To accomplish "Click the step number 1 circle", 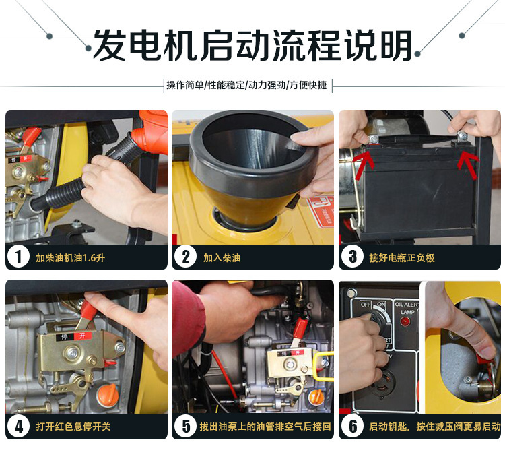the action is pos(18,257).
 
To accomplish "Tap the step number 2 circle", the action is pos(185,257).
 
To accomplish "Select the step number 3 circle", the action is pos(352,257).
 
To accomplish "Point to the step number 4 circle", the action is pos(18,426).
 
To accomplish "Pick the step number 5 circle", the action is pos(185,426).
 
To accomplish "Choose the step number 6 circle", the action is pos(352,426).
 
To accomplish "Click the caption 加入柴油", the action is pos(222,257).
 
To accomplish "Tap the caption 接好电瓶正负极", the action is pos(401,257).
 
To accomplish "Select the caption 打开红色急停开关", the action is pos(73,426).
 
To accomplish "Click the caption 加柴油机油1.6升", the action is pos(70,257).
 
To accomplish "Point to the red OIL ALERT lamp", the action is pos(405,321).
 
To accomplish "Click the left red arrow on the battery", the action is pos(364,160).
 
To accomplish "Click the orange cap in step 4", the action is pos(108,395).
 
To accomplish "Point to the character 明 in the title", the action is pos(396,45).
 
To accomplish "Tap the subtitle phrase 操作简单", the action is pos(185,85).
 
